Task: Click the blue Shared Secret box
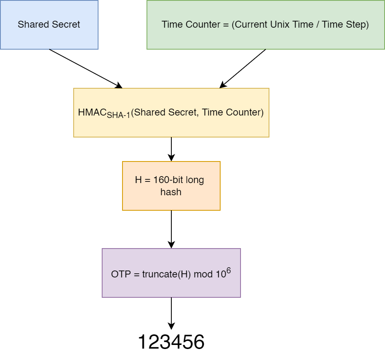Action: click(x=49, y=25)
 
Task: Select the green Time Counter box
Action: click(x=265, y=25)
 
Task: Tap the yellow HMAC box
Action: click(x=171, y=113)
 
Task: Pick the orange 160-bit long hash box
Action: click(x=171, y=186)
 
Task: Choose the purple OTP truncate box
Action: click(x=171, y=273)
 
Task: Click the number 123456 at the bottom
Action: click(x=171, y=342)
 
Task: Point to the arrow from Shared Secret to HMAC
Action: click(x=85, y=68)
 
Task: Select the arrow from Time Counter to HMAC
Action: click(x=243, y=68)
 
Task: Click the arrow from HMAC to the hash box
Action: click(x=171, y=149)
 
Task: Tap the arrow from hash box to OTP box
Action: click(x=171, y=229)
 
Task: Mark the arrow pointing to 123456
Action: click(x=171, y=313)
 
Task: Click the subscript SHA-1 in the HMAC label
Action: click(x=118, y=116)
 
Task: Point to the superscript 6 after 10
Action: click(x=228, y=270)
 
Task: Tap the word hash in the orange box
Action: click(x=171, y=192)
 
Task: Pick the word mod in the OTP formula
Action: click(x=203, y=274)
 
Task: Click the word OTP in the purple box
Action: click(x=120, y=274)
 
